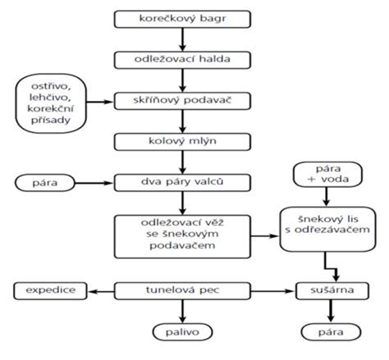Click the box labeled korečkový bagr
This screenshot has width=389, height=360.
182,19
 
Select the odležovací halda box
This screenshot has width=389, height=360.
182,60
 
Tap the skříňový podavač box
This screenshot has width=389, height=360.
182,101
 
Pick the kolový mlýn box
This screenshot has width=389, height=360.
182,142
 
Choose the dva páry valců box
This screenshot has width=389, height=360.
182,183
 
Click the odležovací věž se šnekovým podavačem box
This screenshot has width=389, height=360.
182,237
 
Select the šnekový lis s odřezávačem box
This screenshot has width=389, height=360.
327,229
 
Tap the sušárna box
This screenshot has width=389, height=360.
332,291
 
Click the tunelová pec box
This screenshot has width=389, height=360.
182,291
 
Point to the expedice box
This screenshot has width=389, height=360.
50,291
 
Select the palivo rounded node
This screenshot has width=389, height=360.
182,332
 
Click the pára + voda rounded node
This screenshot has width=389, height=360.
327,175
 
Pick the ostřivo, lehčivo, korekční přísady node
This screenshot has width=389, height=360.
51,103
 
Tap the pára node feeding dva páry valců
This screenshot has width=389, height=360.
45,183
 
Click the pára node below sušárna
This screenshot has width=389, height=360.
331,332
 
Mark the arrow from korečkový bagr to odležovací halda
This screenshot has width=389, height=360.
182,39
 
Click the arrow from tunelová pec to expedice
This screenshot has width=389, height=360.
101,291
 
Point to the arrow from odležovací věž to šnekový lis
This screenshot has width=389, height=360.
265,236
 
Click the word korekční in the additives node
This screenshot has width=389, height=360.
51,108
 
